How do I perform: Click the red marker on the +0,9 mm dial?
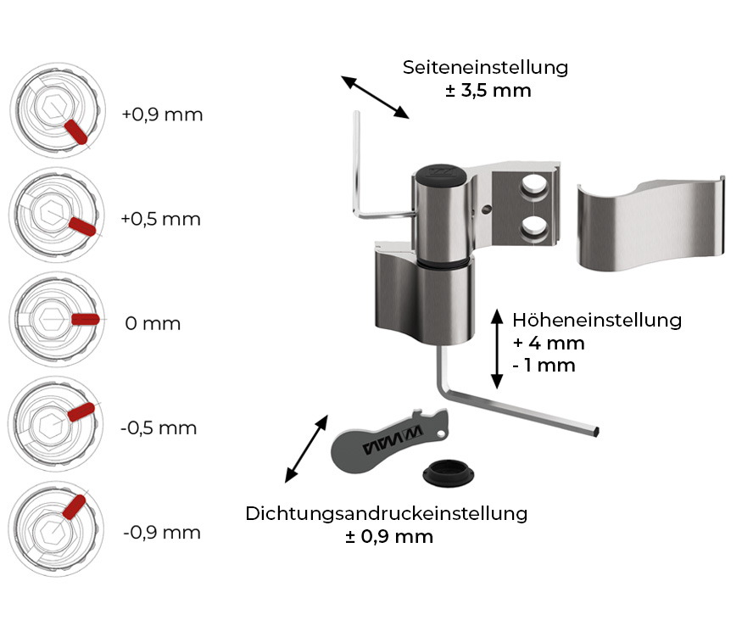(75, 131)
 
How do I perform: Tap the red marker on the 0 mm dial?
(85, 320)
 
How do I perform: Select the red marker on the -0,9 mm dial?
(75, 507)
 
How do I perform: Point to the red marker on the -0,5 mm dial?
(81, 412)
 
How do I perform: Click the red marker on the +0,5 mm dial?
(82, 226)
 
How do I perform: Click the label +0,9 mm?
(162, 115)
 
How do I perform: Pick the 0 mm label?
(153, 324)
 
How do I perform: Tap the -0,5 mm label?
(159, 428)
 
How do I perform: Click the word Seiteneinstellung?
(485, 68)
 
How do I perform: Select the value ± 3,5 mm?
(488, 91)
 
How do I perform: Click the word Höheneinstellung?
(597, 320)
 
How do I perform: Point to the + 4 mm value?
(549, 343)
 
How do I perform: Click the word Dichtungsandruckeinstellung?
(386, 514)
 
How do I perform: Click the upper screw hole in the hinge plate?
(534, 185)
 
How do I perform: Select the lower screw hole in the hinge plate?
(534, 226)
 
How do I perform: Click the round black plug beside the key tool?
(448, 472)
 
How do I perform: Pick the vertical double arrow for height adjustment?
(497, 349)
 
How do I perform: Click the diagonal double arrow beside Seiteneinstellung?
(376, 97)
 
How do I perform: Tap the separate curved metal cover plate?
(650, 222)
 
